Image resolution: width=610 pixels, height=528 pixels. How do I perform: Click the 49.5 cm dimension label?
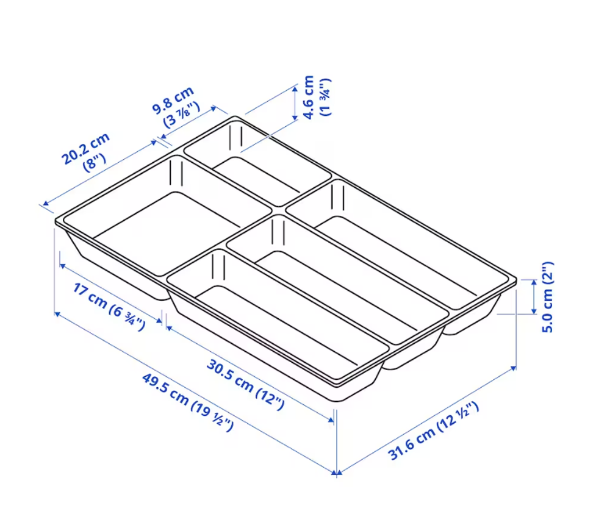click(x=187, y=402)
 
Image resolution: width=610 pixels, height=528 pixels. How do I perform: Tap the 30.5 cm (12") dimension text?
click(x=245, y=385)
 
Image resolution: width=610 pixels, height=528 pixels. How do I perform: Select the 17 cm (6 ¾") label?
click(x=109, y=307)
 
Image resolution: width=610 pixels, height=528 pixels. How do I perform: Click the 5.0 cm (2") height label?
click(x=547, y=297)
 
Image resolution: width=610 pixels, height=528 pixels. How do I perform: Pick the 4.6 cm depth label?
click(x=307, y=98)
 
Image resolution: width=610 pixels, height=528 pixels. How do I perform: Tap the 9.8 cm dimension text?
click(x=173, y=100)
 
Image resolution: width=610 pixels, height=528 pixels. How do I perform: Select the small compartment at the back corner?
click(x=257, y=163)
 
